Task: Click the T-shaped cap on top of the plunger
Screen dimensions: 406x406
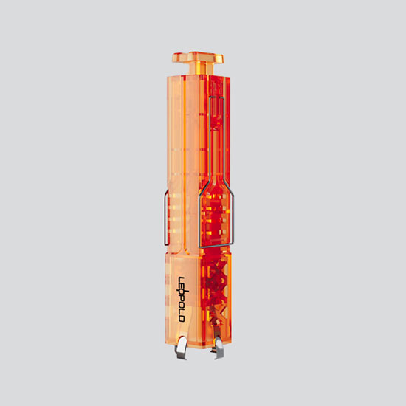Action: tap(198, 58)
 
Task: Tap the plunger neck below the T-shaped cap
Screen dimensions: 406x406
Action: tap(202, 69)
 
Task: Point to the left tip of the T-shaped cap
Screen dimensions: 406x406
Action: tap(173, 58)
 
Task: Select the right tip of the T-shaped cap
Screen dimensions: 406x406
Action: tap(223, 59)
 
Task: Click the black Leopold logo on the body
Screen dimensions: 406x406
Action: tap(182, 299)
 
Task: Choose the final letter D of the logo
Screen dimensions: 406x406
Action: tap(182, 319)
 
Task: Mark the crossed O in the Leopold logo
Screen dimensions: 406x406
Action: tap(182, 293)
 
